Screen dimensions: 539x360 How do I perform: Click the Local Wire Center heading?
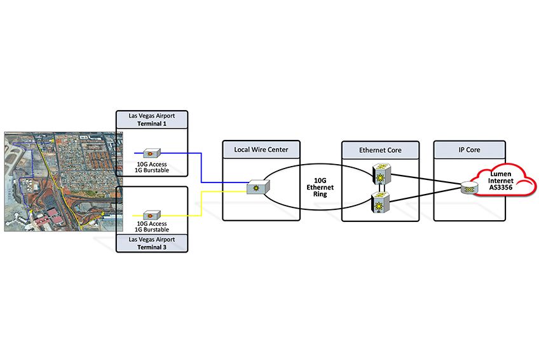coord(261,149)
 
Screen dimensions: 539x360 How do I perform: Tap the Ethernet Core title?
coord(380,150)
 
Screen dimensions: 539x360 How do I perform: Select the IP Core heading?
coord(469,150)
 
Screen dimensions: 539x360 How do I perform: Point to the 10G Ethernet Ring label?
coord(320,188)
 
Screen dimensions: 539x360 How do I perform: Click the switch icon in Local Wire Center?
coord(258,187)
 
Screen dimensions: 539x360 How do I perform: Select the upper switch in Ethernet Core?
coord(381,174)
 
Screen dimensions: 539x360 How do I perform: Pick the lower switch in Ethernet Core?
coord(380,202)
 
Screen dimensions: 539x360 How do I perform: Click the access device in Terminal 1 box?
coord(151,153)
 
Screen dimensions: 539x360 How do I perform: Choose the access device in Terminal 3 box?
coord(151,216)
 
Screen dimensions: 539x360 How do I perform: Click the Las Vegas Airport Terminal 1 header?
coord(152,120)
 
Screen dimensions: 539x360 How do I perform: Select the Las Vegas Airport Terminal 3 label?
coord(152,243)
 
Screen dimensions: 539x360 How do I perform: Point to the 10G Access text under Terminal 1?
coord(152,164)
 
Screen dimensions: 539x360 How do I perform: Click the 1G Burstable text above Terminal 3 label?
coord(152,230)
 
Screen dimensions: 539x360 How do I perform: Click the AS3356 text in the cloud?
coord(501,188)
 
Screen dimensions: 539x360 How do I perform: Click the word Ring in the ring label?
coord(320,194)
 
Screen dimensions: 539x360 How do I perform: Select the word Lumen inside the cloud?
coord(501,174)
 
